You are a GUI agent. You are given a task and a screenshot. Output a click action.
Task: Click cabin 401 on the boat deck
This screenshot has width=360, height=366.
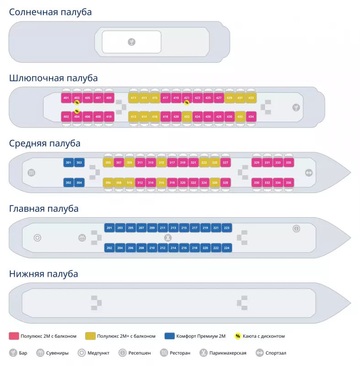pos(66,98)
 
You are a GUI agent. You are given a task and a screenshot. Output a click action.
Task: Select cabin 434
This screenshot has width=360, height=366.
pos(251,117)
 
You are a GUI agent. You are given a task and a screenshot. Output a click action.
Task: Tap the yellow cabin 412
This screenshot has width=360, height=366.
pos(134,117)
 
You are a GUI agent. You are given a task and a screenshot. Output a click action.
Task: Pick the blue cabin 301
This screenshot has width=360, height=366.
pos(68,163)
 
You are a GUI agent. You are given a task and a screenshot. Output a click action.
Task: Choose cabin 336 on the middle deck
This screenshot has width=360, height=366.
pos(288,183)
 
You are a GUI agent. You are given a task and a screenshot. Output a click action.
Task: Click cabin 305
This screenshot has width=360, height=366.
pos(108,163)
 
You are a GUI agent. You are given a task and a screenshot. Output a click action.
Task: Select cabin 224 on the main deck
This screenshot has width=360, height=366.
pos(226,248)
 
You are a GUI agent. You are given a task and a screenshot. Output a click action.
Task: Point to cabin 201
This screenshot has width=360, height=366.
pos(109,228)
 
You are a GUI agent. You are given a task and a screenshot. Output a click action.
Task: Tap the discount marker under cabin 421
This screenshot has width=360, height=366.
pos(187,103)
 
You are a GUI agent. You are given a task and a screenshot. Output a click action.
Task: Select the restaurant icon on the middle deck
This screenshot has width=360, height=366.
pos(32,173)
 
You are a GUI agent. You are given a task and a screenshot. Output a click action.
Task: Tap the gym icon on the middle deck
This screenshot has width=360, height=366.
pos(309,173)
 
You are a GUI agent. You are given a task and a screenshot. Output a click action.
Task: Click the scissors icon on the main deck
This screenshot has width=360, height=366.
pos(168,238)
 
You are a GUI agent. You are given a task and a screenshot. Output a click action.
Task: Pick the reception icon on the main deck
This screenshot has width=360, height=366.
pos(296,228)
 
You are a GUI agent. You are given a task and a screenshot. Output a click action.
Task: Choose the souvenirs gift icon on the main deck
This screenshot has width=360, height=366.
pos(82,238)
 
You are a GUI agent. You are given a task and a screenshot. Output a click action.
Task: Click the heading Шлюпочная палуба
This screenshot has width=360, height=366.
pos(54,78)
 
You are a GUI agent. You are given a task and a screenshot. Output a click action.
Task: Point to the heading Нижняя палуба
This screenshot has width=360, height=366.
pos(44,274)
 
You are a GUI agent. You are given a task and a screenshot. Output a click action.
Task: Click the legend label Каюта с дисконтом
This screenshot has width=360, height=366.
pos(264,336)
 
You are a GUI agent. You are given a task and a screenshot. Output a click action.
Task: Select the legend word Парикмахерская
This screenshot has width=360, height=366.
pos(228,353)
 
